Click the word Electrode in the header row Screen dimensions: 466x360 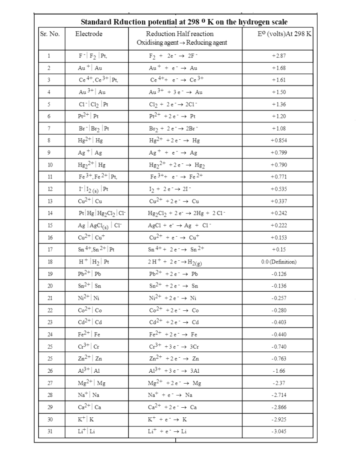pos(89,34)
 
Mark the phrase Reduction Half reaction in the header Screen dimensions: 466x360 pos(179,34)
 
